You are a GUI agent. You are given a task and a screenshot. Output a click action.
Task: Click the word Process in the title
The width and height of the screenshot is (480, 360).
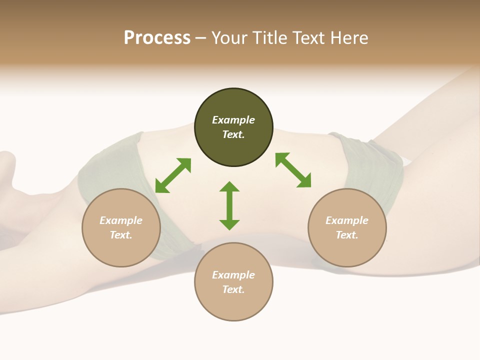(157, 38)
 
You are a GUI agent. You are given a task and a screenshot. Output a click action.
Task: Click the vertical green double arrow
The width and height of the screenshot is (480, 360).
(229, 205)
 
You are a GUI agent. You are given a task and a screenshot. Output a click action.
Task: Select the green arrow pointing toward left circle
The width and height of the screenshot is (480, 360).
(173, 175)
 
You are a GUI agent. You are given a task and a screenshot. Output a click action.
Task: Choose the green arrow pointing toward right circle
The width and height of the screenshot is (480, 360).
(293, 170)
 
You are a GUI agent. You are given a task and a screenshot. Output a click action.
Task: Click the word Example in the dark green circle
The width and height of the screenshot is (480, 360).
(233, 120)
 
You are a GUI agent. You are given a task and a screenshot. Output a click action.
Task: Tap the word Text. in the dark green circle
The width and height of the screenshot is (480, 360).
(233, 134)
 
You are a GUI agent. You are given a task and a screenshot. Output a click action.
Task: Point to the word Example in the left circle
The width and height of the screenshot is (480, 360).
(121, 220)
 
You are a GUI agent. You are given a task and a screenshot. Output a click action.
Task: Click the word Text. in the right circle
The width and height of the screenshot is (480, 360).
(347, 235)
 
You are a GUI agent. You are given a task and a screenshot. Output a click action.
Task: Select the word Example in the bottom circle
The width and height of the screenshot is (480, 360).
(233, 275)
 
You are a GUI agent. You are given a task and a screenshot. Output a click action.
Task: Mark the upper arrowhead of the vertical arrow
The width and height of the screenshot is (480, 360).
(229, 186)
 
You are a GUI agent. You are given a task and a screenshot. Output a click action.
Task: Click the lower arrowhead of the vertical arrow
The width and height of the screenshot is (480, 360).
(229, 224)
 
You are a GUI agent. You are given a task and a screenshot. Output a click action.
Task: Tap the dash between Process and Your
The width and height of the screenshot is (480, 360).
(201, 38)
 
